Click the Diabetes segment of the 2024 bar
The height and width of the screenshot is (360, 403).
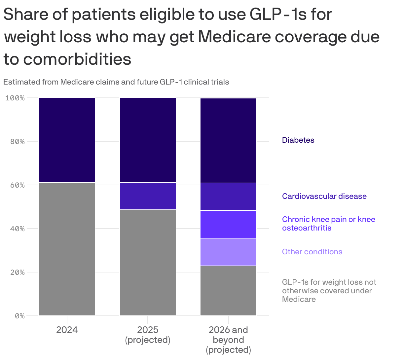click(67, 140)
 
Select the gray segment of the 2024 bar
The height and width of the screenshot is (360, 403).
click(67, 249)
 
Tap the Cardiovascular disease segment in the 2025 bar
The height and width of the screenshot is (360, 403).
click(148, 196)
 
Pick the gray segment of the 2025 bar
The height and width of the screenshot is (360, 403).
click(148, 263)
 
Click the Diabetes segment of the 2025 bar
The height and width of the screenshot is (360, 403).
click(148, 140)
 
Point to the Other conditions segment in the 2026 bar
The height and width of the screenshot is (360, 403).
click(228, 252)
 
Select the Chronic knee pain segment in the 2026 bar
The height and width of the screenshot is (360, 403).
click(228, 224)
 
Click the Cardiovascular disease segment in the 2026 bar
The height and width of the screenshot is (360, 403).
click(228, 197)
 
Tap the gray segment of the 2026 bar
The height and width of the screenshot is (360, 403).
click(228, 291)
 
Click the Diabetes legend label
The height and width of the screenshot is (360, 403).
click(298, 140)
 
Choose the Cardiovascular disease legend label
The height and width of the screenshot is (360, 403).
click(324, 196)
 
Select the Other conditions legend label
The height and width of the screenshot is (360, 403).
click(312, 252)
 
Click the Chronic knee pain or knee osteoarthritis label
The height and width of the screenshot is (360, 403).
click(328, 224)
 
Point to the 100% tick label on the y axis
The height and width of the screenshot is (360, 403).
click(15, 98)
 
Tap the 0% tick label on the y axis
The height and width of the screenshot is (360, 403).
click(19, 316)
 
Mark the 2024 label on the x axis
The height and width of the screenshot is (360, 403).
click(67, 330)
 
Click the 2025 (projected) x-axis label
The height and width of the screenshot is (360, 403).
click(148, 335)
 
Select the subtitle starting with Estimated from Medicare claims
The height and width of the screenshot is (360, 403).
click(116, 82)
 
